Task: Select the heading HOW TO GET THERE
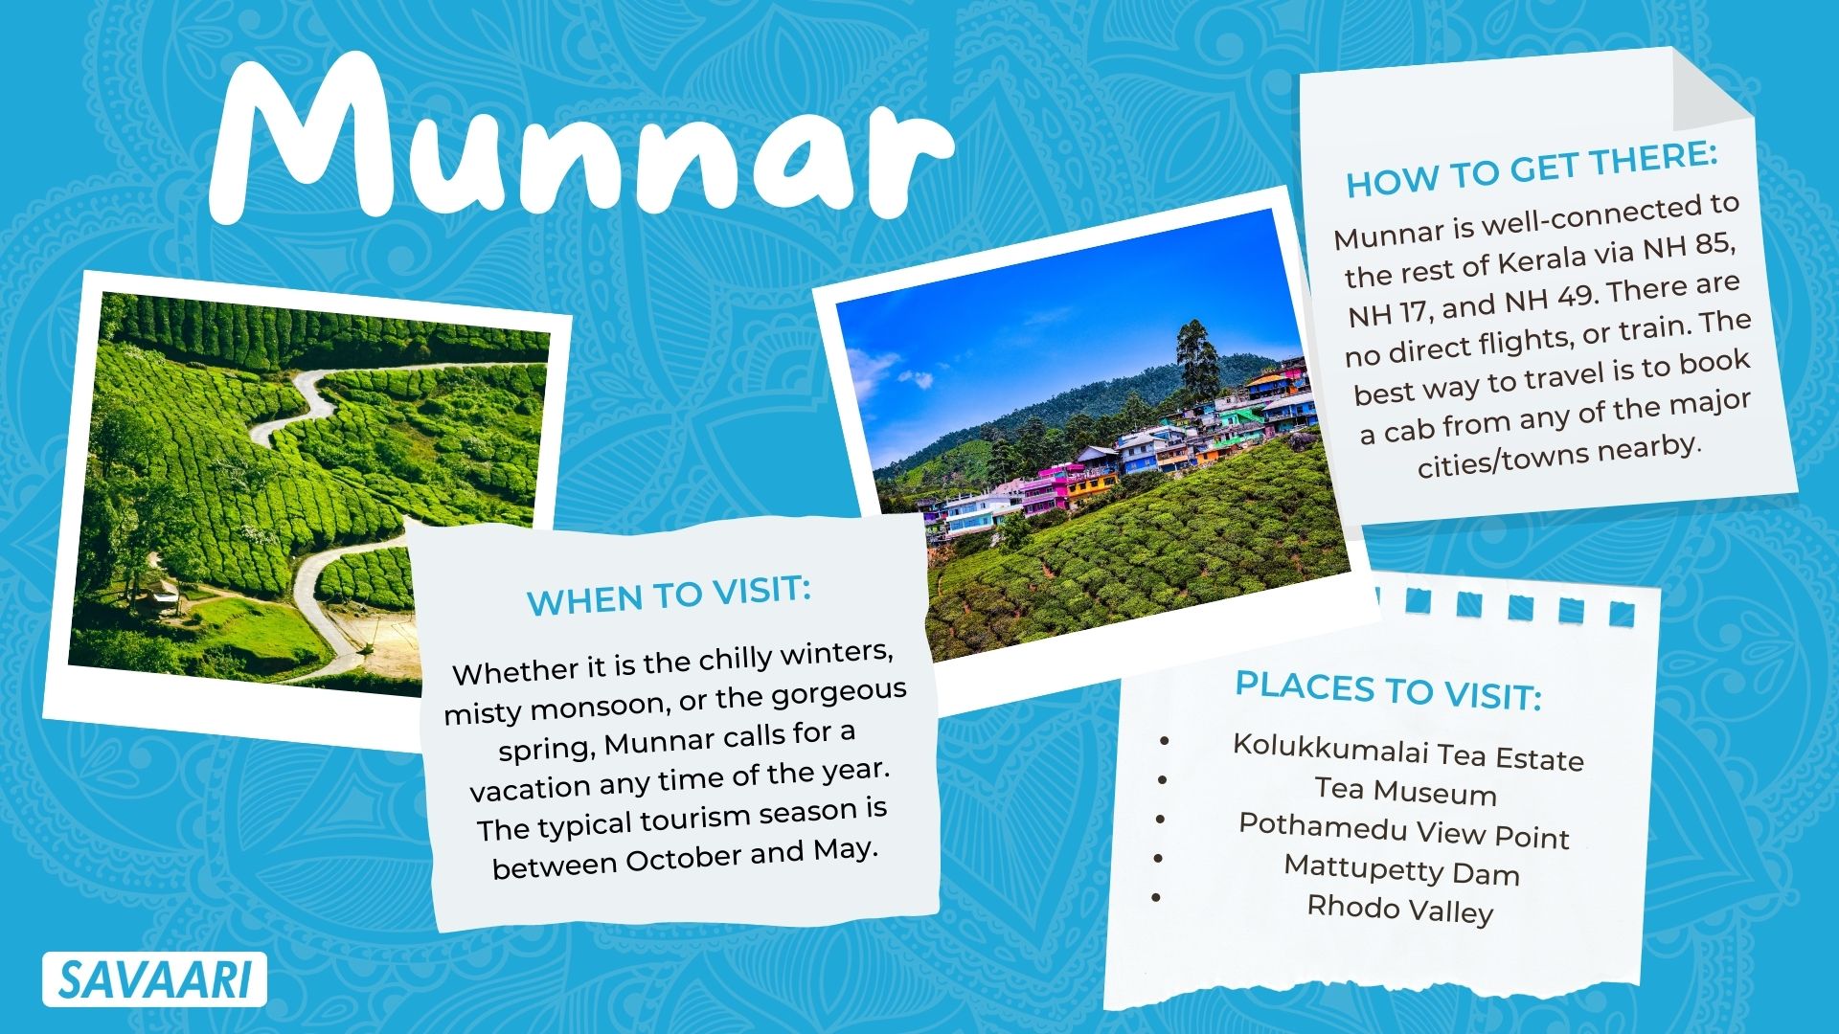pyautogui.click(x=1532, y=169)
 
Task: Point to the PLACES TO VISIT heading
pyautogui.click(x=1388, y=689)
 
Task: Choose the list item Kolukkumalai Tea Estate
pyautogui.click(x=1408, y=752)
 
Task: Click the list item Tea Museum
pyautogui.click(x=1405, y=790)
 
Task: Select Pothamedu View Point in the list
pyautogui.click(x=1404, y=829)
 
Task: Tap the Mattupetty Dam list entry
pyautogui.click(x=1401, y=868)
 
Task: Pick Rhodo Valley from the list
pyautogui.click(x=1400, y=908)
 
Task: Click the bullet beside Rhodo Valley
pyautogui.click(x=1157, y=897)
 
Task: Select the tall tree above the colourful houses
pyautogui.click(x=1196, y=359)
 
